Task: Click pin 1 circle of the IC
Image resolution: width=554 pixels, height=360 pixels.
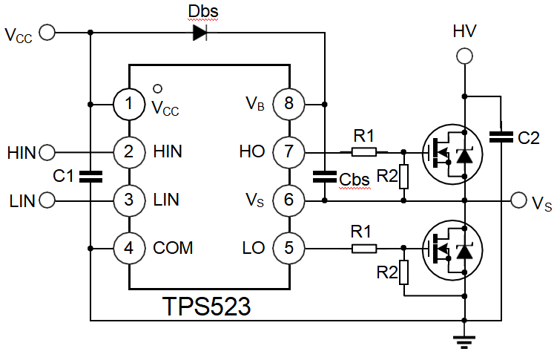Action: (x=129, y=104)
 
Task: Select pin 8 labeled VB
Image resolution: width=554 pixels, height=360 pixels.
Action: (x=288, y=104)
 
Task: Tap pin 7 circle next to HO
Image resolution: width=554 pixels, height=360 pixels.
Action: (x=288, y=152)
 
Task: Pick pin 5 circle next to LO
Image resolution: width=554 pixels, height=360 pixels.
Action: (x=288, y=247)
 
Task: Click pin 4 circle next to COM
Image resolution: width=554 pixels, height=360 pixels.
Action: (x=129, y=247)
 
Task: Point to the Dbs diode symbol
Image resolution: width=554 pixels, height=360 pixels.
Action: (x=199, y=32)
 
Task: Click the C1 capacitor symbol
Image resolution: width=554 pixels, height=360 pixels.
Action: (x=90, y=177)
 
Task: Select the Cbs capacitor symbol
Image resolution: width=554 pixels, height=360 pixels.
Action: (x=324, y=177)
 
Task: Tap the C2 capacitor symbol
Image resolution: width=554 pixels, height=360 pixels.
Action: (x=501, y=136)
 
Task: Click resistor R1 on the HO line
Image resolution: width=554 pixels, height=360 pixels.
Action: (x=363, y=152)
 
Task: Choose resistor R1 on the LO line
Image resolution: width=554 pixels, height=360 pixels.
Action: (x=363, y=247)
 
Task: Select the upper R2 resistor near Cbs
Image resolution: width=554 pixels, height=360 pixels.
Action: (x=403, y=176)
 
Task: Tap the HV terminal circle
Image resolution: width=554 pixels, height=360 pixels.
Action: (x=464, y=56)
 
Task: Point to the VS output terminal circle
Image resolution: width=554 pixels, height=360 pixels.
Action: (x=519, y=200)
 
